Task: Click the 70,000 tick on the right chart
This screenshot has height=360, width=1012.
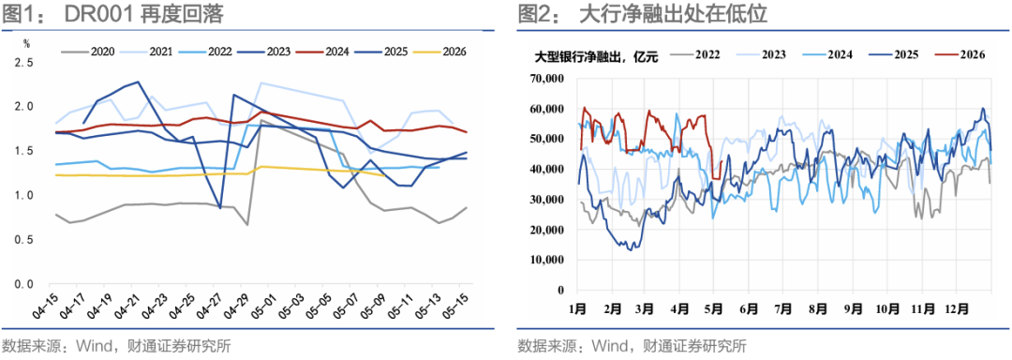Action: tap(546, 80)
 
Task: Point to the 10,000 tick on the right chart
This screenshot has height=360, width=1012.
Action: tap(546, 260)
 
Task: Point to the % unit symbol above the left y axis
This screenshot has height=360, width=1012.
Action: tap(26, 44)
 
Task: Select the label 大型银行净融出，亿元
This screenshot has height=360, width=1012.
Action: tap(596, 55)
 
